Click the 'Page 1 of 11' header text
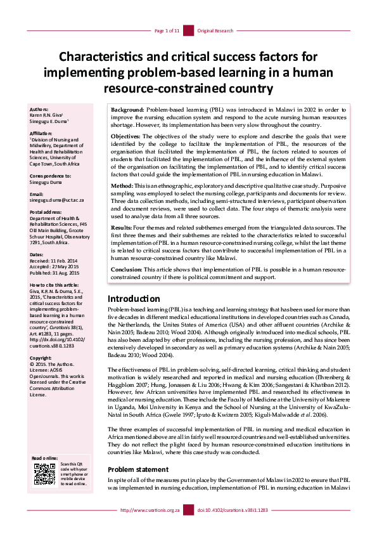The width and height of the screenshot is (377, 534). (167, 30)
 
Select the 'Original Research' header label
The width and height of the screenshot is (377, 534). (215, 30)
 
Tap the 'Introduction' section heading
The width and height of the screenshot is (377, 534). (134, 298)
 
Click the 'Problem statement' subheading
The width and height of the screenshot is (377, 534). (137, 469)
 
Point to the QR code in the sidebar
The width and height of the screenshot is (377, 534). (44, 474)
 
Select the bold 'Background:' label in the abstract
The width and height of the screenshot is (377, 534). (128, 110)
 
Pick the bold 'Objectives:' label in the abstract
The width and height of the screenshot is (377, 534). (127, 136)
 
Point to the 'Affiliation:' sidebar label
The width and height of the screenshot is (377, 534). (42, 134)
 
